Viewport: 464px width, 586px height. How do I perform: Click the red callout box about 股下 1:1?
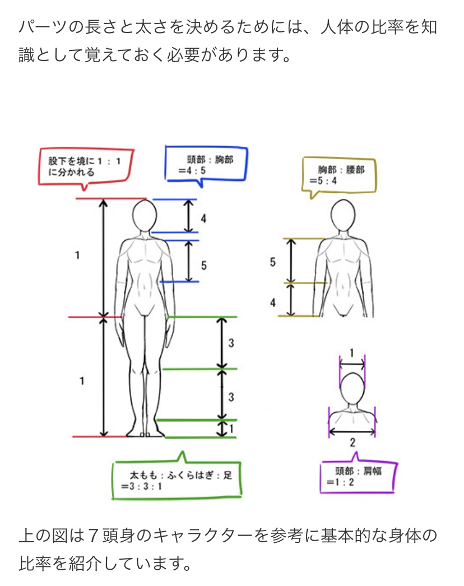pos(40,168)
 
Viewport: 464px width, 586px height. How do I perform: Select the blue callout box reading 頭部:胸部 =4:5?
pos(166,165)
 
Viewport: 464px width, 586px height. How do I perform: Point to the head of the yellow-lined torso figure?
pos(343,216)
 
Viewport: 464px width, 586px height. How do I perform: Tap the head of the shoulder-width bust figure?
pos(352,389)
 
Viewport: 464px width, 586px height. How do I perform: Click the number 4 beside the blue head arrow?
pos(203,218)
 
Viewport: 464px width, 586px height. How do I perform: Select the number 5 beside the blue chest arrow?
pos(204,266)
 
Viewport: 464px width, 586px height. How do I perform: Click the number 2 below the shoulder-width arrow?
pos(352,443)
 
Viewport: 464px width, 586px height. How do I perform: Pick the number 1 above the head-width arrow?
pos(351,353)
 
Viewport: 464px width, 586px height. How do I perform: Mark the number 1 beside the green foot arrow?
pos(232,428)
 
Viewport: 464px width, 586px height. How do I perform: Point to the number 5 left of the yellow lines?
pos(273,262)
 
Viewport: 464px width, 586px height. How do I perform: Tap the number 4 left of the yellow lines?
pos(273,303)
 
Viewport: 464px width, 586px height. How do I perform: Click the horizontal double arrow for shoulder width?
pos(352,431)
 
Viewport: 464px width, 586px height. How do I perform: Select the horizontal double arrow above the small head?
pos(352,363)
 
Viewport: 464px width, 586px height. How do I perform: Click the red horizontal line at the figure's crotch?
pos(96,317)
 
